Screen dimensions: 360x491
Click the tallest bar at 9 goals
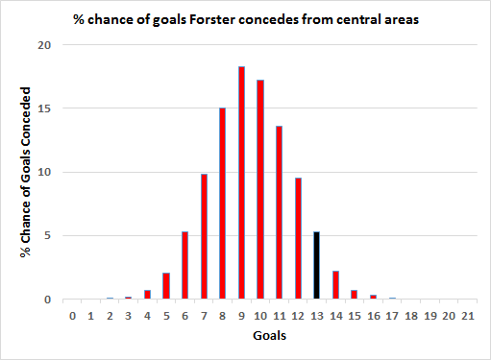coord(242,182)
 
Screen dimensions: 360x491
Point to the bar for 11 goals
coord(279,212)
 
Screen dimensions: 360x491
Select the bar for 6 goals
coord(185,265)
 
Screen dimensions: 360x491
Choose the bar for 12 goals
coord(298,238)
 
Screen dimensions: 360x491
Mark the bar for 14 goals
coord(335,285)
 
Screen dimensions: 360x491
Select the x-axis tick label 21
coord(466,314)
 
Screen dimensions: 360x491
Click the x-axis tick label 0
coord(72,314)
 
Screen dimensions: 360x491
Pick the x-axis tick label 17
coord(391,314)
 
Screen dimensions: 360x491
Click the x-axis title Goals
coord(268,337)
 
